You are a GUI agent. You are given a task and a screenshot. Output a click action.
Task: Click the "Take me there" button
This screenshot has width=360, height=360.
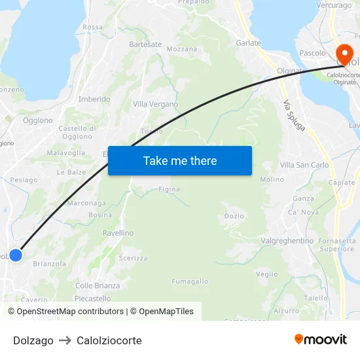click(180, 160)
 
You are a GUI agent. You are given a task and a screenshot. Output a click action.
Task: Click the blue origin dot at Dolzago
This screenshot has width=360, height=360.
click(16, 255)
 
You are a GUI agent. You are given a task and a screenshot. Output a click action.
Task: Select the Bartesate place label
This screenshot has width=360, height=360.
click(145, 45)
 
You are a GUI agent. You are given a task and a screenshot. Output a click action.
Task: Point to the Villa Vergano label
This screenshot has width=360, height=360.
click(155, 104)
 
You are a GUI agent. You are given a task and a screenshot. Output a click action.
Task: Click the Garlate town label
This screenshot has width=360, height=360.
click(248, 43)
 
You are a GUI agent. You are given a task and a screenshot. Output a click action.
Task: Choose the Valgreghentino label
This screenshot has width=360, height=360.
click(287, 241)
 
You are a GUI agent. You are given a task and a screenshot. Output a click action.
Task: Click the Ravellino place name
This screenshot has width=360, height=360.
click(118, 233)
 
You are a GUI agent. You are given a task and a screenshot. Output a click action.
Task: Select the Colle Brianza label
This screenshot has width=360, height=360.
click(98, 285)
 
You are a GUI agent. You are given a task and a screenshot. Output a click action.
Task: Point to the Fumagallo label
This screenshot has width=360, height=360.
click(189, 281)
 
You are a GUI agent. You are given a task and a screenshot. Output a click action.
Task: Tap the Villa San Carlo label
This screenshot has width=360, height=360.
click(304, 165)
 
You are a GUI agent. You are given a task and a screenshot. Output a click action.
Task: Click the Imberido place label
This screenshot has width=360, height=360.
click(94, 99)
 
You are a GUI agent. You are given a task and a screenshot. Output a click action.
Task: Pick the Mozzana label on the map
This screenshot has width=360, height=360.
click(181, 49)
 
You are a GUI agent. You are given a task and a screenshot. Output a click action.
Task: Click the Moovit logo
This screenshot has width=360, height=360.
click(321, 339)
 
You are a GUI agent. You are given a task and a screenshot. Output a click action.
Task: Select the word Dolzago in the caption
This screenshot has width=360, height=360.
click(33, 340)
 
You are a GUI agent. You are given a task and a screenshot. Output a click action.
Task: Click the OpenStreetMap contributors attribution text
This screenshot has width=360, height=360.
click(70, 312)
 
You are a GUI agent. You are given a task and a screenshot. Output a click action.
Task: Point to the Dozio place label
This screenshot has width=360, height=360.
click(234, 216)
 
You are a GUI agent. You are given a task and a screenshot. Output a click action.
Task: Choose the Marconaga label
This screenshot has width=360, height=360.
click(86, 203)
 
